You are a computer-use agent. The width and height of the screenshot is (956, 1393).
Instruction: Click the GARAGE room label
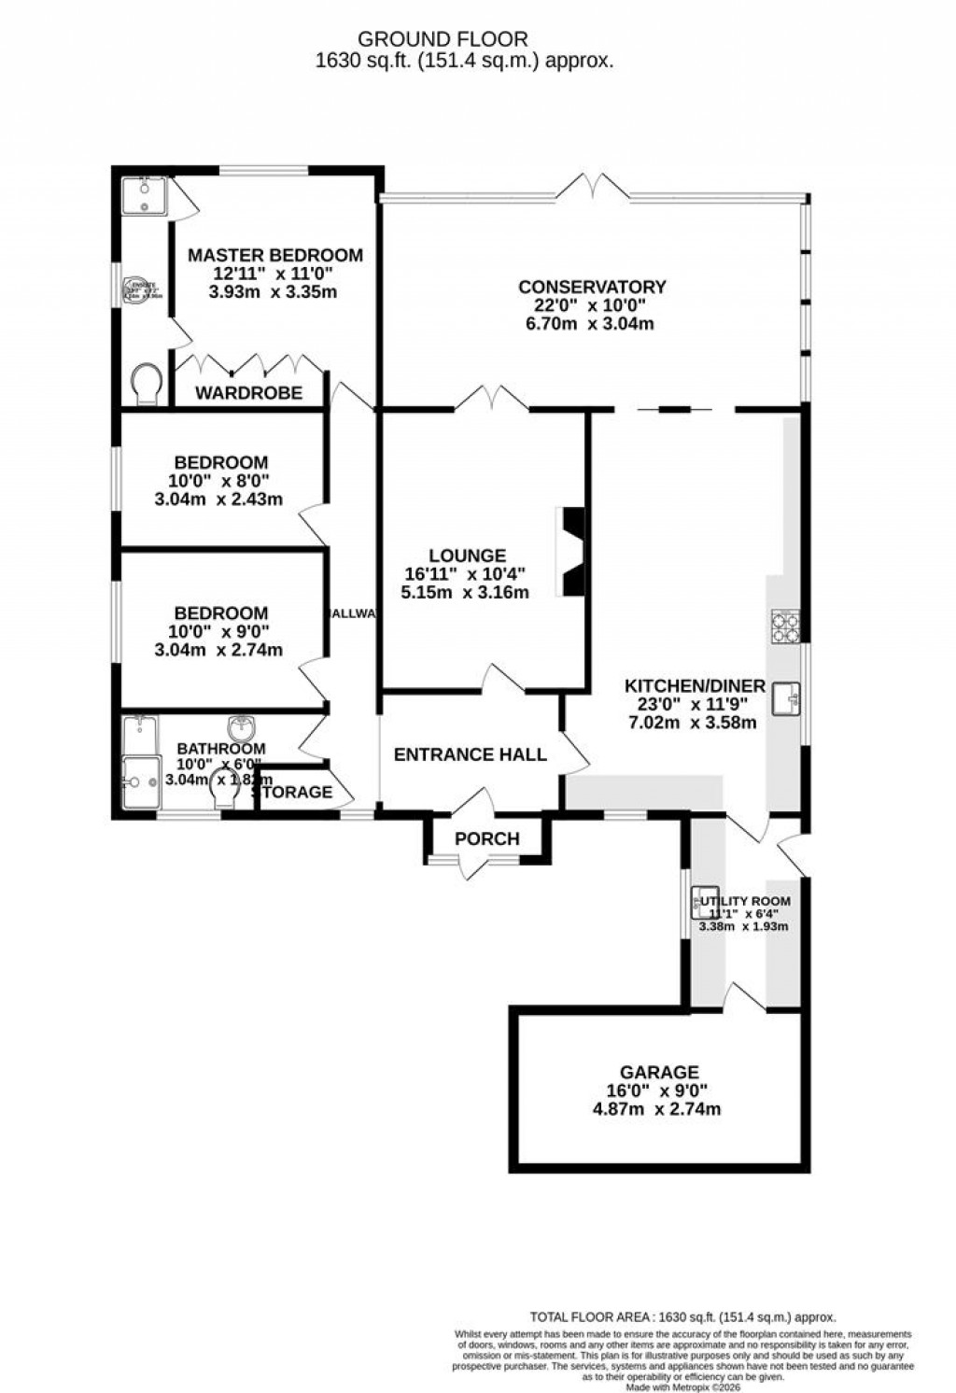(660, 1072)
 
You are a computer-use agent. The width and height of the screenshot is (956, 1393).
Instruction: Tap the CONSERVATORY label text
(592, 287)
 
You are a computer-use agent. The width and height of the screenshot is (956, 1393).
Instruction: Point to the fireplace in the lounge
(569, 551)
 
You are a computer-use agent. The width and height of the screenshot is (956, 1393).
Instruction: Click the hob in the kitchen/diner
(784, 626)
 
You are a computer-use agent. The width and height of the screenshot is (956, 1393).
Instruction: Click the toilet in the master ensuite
(147, 384)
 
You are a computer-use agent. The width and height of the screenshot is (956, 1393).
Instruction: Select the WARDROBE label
(248, 393)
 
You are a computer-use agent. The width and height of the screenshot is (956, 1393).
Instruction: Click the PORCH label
(486, 838)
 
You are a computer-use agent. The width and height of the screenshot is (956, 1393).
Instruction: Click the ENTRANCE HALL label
(470, 754)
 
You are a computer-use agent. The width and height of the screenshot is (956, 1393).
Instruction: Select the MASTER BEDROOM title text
(275, 255)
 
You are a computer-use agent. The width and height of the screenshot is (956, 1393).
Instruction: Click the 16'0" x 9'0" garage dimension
(660, 1090)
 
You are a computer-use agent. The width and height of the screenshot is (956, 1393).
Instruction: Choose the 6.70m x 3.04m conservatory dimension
(592, 324)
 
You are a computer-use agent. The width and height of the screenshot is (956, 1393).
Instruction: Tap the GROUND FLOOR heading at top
(443, 39)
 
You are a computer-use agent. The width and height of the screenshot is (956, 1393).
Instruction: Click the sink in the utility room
(702, 902)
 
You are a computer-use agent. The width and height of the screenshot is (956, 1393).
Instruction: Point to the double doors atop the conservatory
(597, 187)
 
